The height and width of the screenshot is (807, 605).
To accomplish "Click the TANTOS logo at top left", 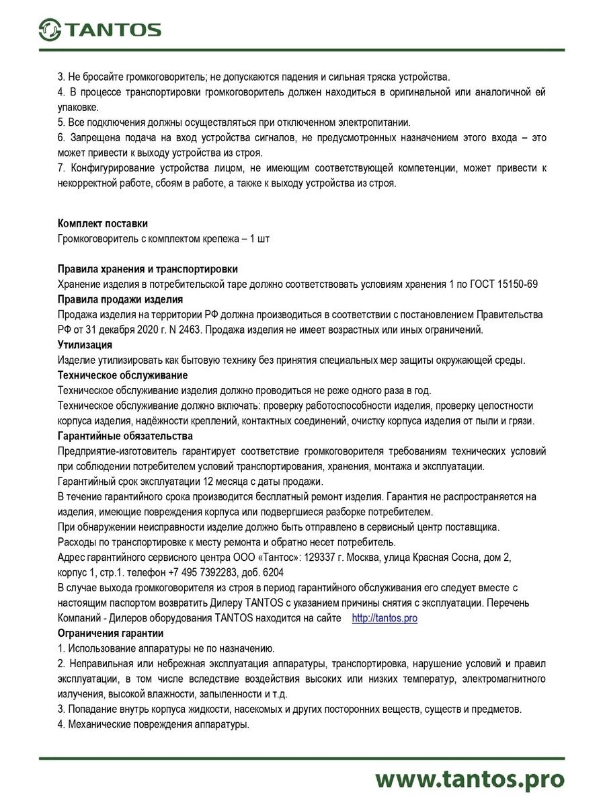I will coord(99,29).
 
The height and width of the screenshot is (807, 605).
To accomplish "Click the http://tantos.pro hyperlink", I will coord(385,618).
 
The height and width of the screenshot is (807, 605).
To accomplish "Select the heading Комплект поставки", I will coord(103,223).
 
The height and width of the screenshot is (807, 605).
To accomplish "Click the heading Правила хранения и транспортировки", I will coord(148,269).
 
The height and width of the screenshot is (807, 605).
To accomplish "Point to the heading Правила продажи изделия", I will coord(120,299).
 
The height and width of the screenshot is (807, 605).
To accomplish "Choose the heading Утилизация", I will coord(85,345).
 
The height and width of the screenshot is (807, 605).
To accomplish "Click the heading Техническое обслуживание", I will coord(123,375).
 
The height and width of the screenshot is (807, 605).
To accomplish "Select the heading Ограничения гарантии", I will coord(110,633).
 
